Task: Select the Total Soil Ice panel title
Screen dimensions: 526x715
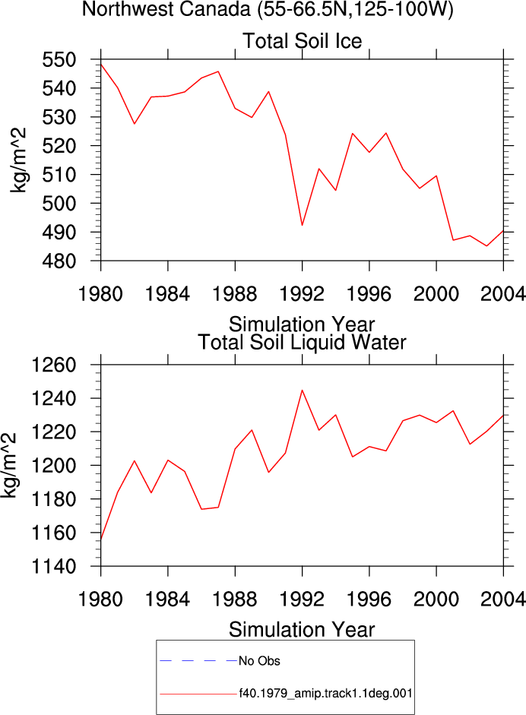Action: [302, 41]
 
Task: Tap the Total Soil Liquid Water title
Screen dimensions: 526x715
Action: [302, 343]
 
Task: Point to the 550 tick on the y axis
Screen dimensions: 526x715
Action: [59, 60]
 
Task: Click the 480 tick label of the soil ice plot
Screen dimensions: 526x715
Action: [59, 261]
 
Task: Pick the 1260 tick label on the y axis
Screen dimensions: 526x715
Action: [53, 365]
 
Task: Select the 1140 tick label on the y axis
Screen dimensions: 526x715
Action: [53, 567]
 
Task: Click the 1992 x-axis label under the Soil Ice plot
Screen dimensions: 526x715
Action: [302, 294]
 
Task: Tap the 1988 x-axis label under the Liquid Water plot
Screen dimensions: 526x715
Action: [235, 599]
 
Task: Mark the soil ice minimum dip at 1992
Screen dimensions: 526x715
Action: [302, 225]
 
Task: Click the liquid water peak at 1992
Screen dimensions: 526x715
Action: [302, 390]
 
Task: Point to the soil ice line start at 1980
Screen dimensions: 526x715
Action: [101, 64]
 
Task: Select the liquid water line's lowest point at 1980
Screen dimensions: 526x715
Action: [101, 540]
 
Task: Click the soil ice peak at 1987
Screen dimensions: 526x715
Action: [218, 71]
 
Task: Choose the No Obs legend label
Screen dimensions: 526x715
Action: [259, 661]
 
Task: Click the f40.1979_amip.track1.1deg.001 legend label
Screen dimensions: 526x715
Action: [326, 694]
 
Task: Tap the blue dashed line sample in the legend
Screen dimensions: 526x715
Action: [198, 660]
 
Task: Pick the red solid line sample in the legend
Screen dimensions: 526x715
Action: [198, 694]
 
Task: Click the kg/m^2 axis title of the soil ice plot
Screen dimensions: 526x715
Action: [18, 160]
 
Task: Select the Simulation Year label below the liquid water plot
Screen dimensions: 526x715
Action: [302, 630]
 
